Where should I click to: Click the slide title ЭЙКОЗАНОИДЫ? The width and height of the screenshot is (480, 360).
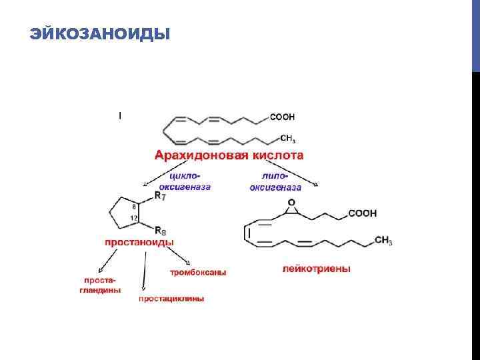tap(100, 33)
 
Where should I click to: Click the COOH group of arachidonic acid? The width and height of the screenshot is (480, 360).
tap(282, 117)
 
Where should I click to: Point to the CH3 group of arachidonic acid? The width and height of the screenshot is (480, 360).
tap(287, 139)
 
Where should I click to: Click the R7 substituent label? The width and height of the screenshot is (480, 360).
tap(161, 195)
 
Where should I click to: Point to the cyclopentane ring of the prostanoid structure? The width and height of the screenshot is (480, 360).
tap(124, 213)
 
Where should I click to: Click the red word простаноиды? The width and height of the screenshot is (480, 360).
tap(139, 242)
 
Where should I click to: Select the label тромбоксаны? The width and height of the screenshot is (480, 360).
tap(198, 273)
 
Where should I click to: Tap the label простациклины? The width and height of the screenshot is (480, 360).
tap(171, 299)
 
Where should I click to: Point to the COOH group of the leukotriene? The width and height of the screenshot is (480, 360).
tap(362, 213)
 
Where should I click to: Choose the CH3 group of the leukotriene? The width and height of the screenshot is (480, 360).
tap(383, 240)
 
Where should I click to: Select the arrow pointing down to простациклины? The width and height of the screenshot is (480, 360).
tap(145, 273)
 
